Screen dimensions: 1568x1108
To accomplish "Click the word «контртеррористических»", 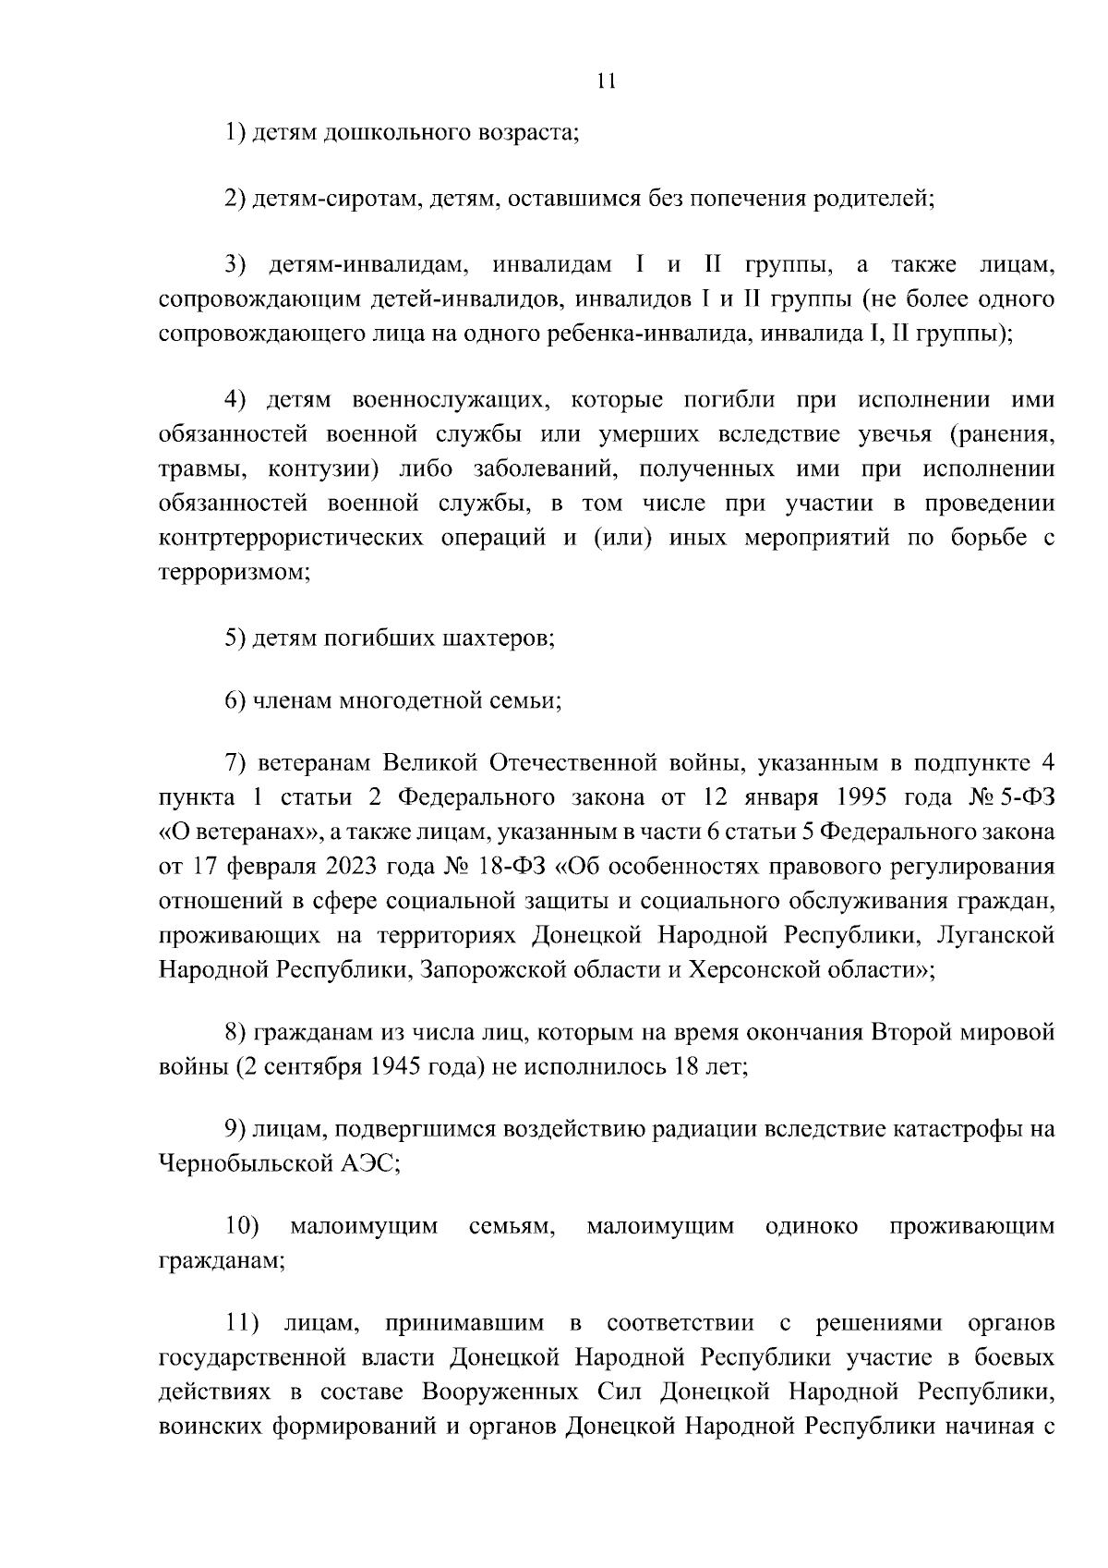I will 291,537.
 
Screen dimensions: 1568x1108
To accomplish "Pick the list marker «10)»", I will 242,1227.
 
